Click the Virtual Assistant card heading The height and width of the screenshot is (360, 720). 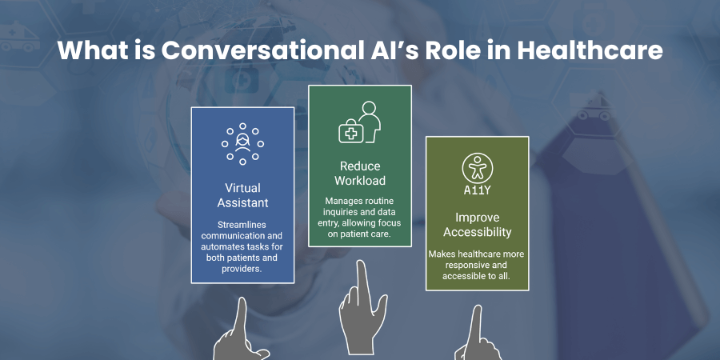pyautogui.click(x=242, y=195)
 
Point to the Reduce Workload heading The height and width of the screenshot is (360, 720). pyautogui.click(x=360, y=173)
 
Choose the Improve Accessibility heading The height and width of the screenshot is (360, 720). pyautogui.click(x=477, y=225)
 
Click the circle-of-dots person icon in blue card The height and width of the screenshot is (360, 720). pyautogui.click(x=242, y=144)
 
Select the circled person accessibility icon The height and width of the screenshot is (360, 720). pyautogui.click(x=478, y=168)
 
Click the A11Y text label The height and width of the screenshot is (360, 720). pyautogui.click(x=477, y=190)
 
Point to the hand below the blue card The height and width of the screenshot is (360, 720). pyautogui.click(x=241, y=330)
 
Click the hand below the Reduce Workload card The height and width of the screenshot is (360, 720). pyautogui.click(x=362, y=306)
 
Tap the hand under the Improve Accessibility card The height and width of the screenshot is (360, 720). pyautogui.click(x=478, y=334)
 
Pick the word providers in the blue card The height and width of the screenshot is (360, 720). pyautogui.click(x=242, y=269)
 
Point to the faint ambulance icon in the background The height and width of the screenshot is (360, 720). pyautogui.click(x=20, y=37)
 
